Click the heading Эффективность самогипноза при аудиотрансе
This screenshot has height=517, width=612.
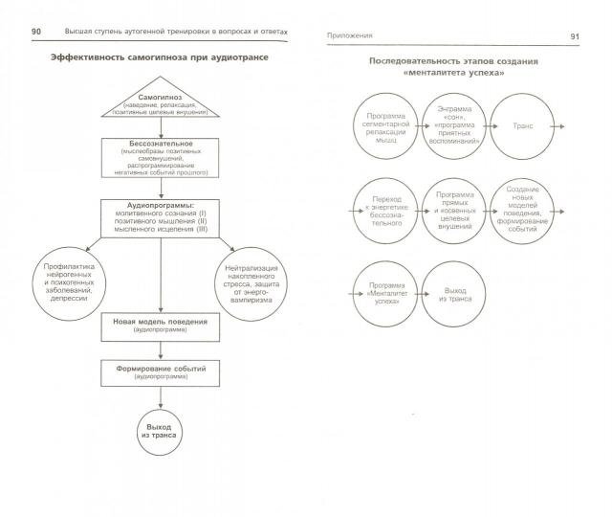pos(160,59)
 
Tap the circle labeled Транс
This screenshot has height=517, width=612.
pos(523,126)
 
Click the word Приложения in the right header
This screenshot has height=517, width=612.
pos(349,35)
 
